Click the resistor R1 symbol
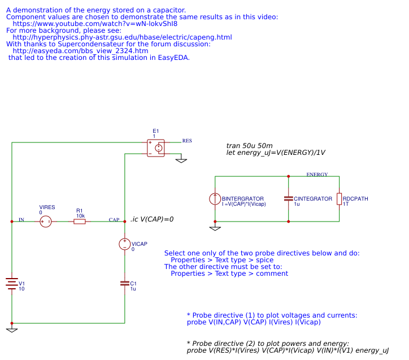tap(80, 222)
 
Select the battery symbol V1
tap(12, 284)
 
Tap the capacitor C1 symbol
tap(125, 283)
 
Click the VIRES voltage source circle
tap(46, 222)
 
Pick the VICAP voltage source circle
tap(125, 244)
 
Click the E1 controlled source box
tap(156, 148)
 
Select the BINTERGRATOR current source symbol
tap(215, 199)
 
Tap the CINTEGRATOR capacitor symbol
tap(289, 198)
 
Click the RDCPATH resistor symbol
tap(339, 199)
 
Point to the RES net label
tap(187, 141)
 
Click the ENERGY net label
tap(317, 174)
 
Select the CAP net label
tap(114, 220)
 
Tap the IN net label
tap(21, 220)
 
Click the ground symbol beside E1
tap(181, 160)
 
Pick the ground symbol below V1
tap(12, 329)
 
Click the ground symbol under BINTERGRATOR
tap(215, 228)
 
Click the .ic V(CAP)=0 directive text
tap(152, 219)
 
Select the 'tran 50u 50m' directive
tap(249, 146)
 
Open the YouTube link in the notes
tap(95, 24)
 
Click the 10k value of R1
tap(81, 216)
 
